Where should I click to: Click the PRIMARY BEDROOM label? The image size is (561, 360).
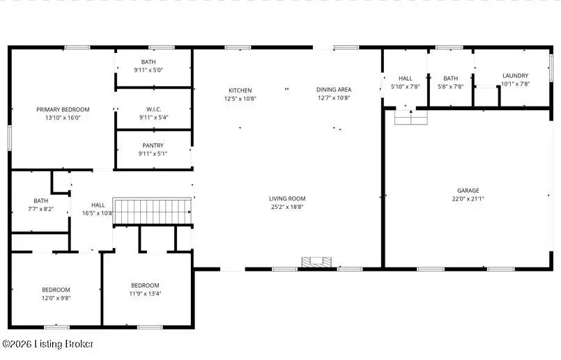(x=63, y=109)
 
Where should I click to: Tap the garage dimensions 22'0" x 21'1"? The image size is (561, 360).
(x=468, y=198)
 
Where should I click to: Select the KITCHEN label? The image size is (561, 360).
(x=240, y=90)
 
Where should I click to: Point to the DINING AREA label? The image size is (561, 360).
(x=334, y=89)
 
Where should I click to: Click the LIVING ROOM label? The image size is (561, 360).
(x=287, y=198)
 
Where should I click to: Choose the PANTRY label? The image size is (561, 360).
(x=153, y=146)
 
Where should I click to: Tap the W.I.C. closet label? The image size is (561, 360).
(x=154, y=109)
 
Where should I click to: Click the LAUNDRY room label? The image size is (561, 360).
(x=515, y=75)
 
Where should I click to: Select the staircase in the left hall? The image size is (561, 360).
(x=152, y=211)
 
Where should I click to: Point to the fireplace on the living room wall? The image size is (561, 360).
(x=317, y=262)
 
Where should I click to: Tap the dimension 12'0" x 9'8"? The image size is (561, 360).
(x=56, y=298)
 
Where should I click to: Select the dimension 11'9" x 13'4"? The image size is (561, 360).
(x=146, y=293)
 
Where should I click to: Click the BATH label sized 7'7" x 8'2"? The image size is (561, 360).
(x=40, y=200)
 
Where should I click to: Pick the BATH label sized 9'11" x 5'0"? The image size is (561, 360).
(x=148, y=62)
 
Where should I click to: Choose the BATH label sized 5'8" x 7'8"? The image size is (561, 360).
(x=450, y=78)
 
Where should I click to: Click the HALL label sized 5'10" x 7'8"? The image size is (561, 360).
(x=406, y=78)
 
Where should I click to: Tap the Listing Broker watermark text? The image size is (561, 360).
(x=48, y=344)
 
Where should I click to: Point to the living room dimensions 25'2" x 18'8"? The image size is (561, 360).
(x=287, y=206)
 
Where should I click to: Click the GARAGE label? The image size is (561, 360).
(x=468, y=190)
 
